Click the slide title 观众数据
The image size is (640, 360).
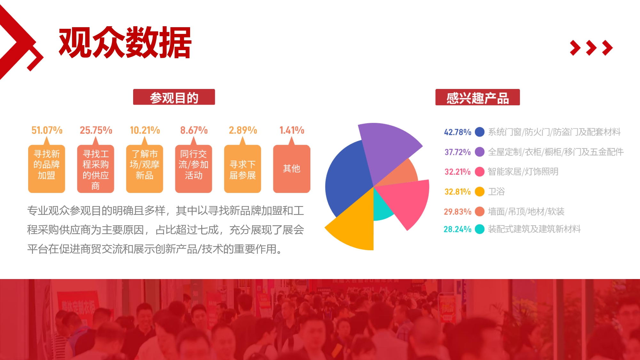[x=125, y=43]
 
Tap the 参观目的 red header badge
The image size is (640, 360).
[x=174, y=97]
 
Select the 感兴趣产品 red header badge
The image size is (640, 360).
[x=477, y=98]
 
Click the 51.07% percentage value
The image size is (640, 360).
[x=47, y=130]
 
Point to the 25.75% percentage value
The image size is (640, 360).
[x=96, y=130]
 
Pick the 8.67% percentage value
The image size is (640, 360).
[x=194, y=130]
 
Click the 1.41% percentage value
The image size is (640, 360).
[x=292, y=130]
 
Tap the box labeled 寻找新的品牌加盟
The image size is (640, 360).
[x=47, y=169]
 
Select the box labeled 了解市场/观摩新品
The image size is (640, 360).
[x=145, y=169]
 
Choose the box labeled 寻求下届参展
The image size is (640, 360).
[x=243, y=169]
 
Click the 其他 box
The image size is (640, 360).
[x=292, y=169]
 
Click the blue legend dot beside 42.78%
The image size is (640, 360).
[x=479, y=132]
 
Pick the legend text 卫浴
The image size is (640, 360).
[x=496, y=192]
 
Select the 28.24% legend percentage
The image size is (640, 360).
[x=457, y=229]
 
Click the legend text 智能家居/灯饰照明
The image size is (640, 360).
[x=523, y=172]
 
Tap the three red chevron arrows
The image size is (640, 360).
[x=591, y=48]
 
